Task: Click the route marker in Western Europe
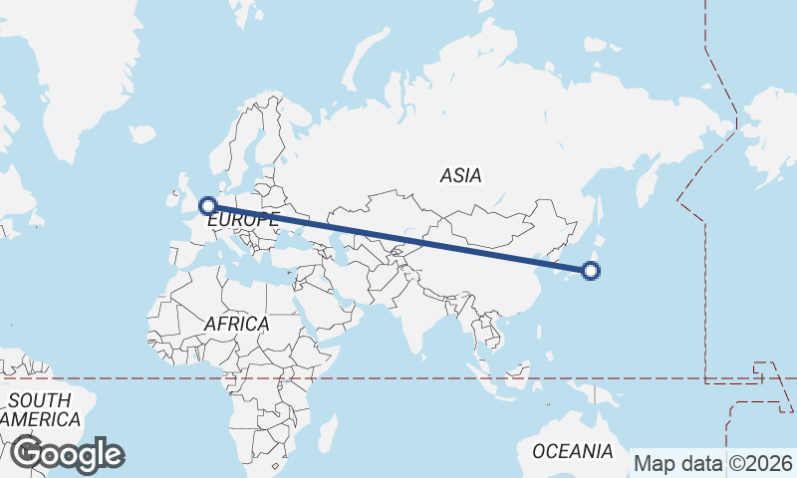point(208,206)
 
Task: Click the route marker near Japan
point(591,270)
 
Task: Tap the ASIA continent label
point(460,175)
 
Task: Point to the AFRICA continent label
point(236,324)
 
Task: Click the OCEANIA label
point(573,451)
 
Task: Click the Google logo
point(68,454)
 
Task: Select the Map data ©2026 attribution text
point(713,463)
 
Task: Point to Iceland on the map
point(142,132)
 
